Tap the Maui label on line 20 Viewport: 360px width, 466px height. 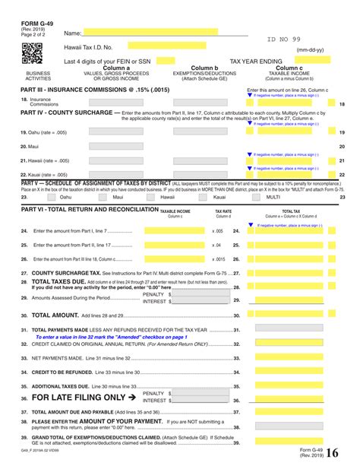tap(33, 146)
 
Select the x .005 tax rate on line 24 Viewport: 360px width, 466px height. tap(217, 230)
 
